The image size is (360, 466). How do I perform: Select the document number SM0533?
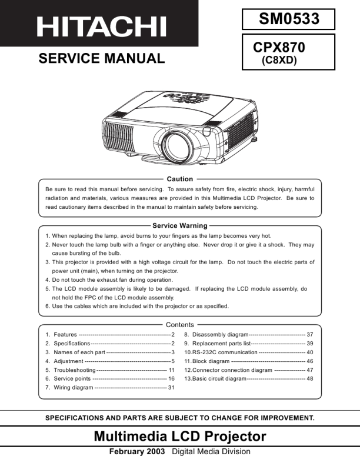coord(288,19)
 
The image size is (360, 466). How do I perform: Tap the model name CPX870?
coord(279,46)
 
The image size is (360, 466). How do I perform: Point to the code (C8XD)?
coord(279,59)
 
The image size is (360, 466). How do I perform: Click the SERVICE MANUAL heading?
coord(101,58)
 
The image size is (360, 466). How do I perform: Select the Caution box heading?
coord(179,179)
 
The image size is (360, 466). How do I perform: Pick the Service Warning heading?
coord(179,225)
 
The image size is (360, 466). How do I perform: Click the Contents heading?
coord(179,325)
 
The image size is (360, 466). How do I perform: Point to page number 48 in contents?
coord(309,379)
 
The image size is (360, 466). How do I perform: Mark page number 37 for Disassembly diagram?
coord(309,334)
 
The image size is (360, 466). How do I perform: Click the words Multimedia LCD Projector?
coord(179,436)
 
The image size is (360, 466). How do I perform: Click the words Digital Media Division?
coord(211,452)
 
